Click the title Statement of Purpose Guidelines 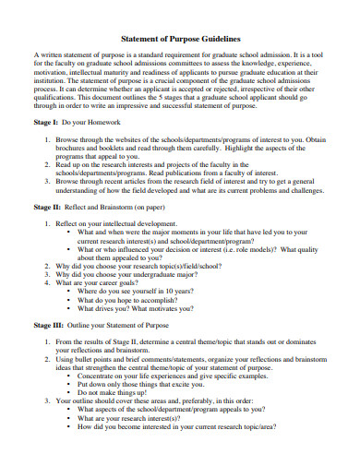pos(181,40)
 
